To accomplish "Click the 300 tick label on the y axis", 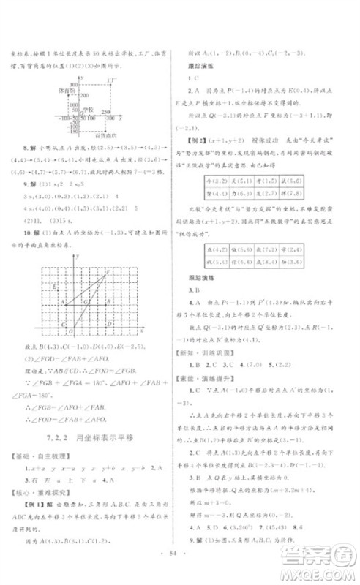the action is pos(75,86).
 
